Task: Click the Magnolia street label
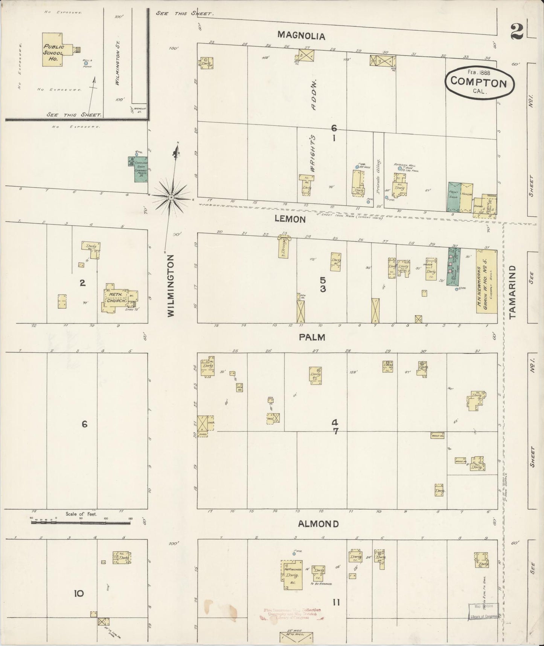point(301,35)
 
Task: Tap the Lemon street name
point(290,219)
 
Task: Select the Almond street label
point(318,524)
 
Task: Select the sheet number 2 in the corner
point(518,32)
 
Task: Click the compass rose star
point(171,197)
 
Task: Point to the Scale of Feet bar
point(81,523)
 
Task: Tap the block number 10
point(78,594)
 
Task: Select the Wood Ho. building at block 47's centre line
point(437,435)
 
